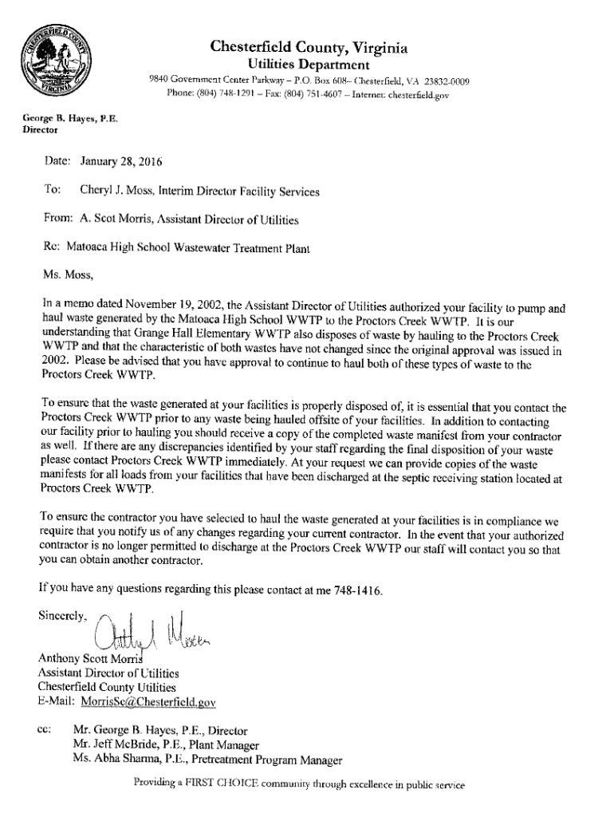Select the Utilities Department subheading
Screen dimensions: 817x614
309,65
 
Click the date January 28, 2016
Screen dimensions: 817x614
121,163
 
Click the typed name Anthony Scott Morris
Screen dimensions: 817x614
92,659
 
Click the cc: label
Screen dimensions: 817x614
44,729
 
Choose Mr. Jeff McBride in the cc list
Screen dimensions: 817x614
110,744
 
